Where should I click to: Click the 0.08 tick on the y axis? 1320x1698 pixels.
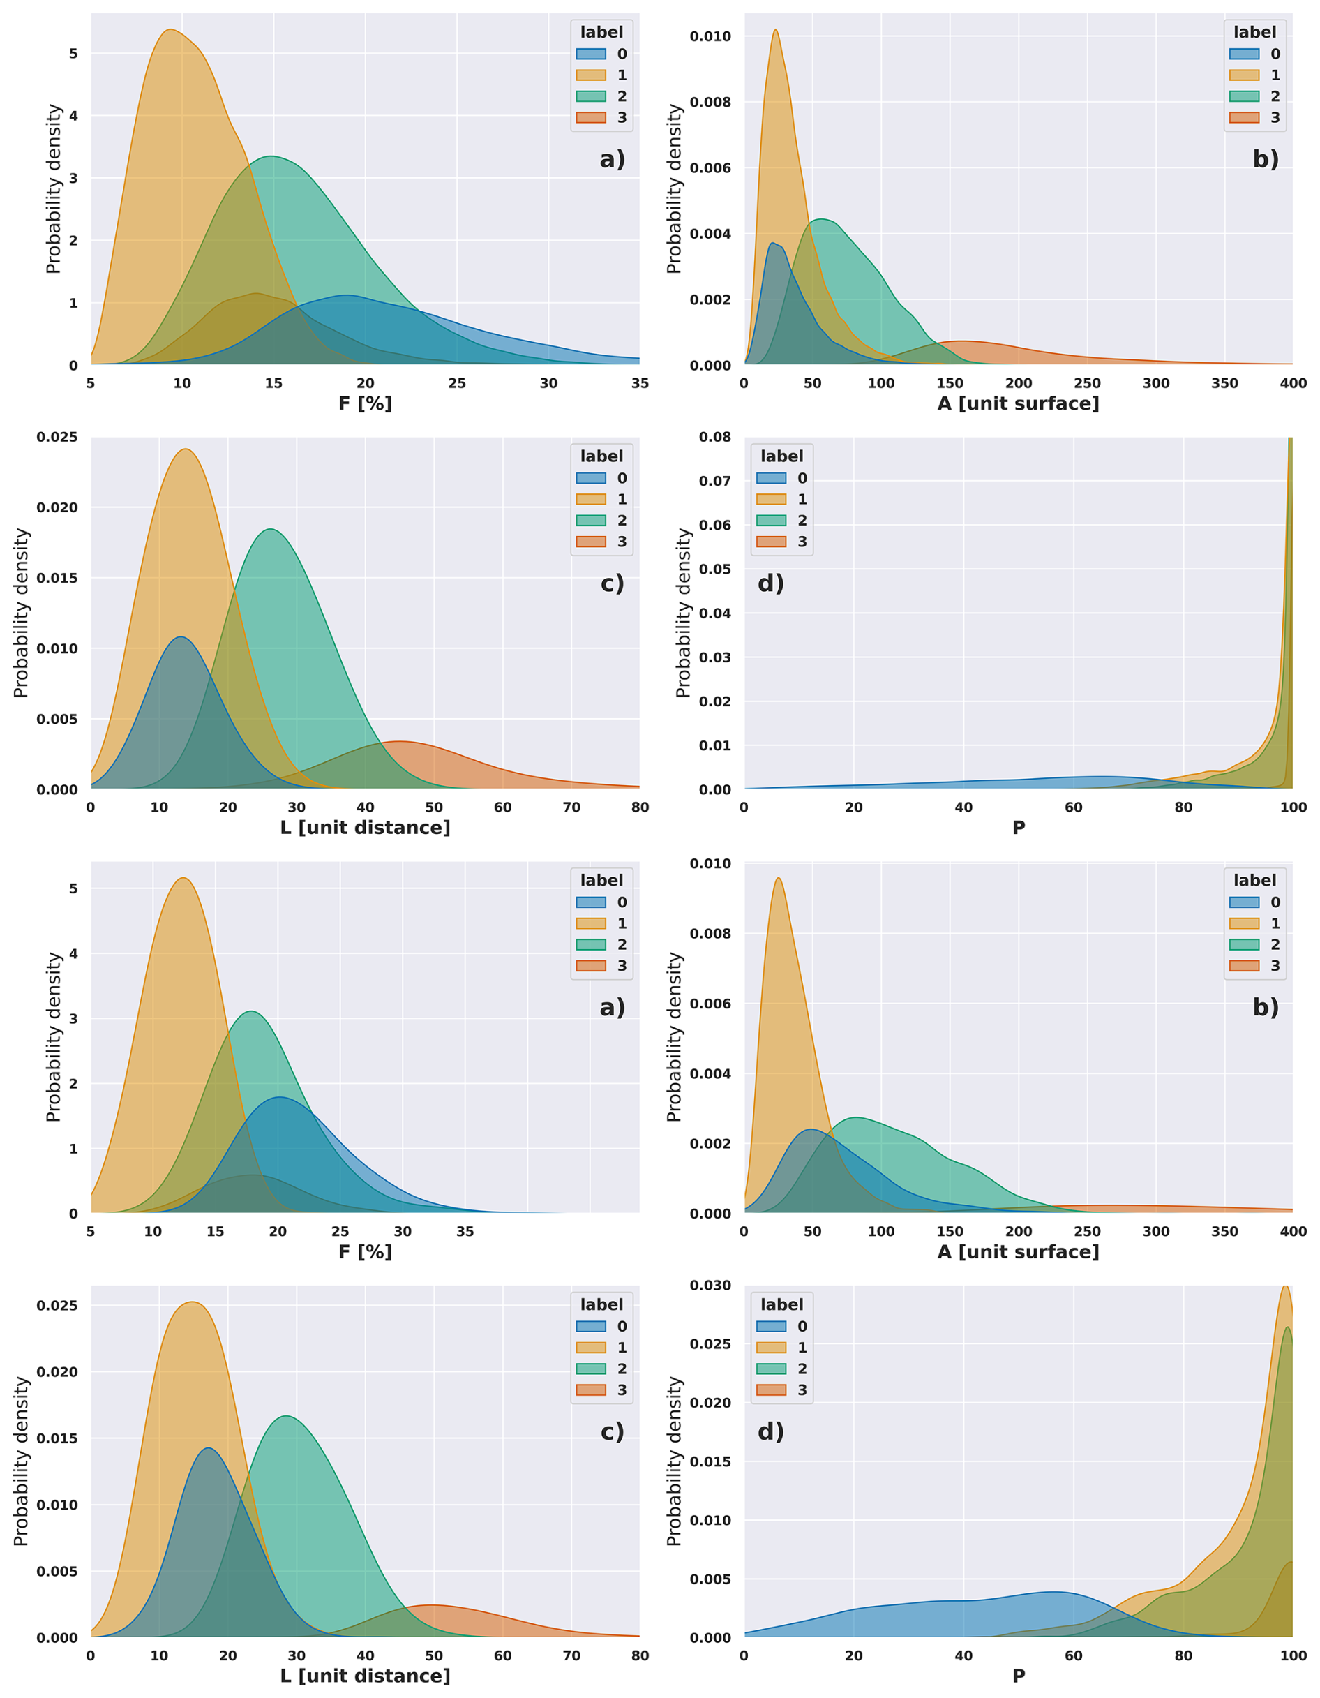coord(714,437)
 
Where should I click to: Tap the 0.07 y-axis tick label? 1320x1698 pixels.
coord(714,482)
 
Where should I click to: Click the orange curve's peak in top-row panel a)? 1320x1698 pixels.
coord(170,29)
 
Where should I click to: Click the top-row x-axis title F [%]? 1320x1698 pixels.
coord(365,403)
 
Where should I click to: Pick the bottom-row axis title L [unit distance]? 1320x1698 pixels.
coord(365,1676)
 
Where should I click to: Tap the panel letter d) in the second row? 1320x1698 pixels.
coord(770,583)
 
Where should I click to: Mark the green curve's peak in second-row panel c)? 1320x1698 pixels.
coord(270,530)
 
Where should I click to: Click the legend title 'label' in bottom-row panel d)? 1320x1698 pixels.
coord(781,1304)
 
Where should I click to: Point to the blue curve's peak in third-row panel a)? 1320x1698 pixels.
coord(278,1097)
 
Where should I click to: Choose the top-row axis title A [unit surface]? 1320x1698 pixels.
coord(1018,403)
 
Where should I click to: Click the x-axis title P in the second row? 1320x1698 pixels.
coord(1018,827)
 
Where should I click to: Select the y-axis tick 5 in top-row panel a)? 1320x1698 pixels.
coord(74,54)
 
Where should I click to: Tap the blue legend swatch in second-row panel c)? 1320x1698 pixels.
coord(591,478)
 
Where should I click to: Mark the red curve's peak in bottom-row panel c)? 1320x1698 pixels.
coord(429,1604)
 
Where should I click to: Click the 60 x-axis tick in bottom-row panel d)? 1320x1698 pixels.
coord(1073,1655)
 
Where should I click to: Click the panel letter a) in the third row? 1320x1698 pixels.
coord(612,1008)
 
